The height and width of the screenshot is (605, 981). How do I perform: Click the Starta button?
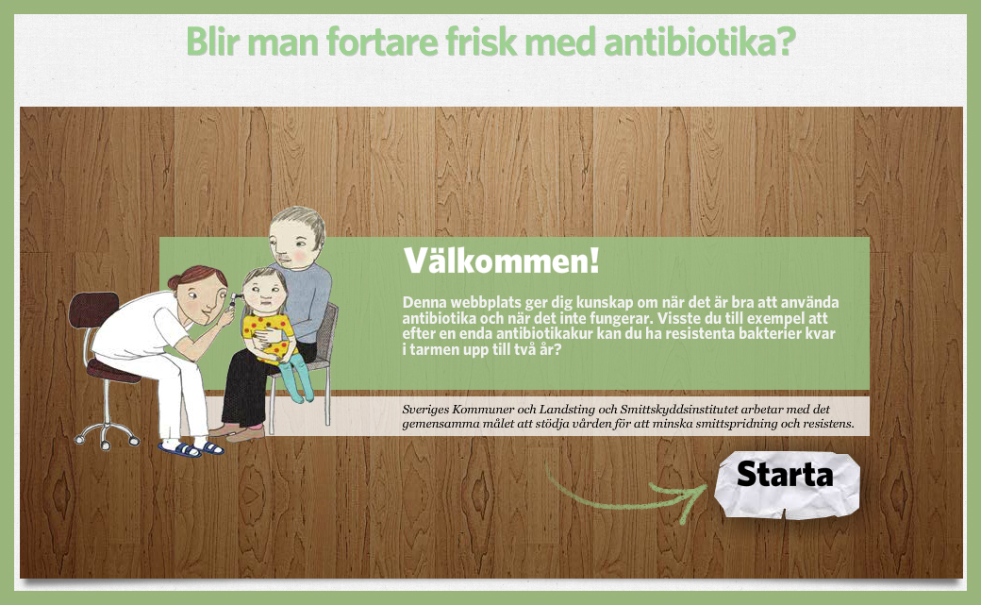tap(786, 475)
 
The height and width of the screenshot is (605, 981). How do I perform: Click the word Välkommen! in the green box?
tap(501, 260)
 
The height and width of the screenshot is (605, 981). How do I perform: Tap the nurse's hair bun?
tap(174, 281)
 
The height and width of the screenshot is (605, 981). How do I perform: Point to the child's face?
tap(263, 290)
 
